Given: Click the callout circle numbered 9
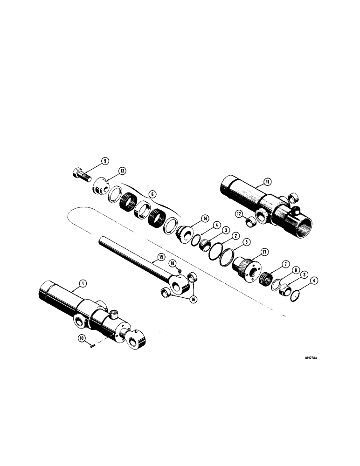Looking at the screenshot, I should click(x=105, y=161).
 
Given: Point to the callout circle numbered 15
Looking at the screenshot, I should click(x=161, y=256).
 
